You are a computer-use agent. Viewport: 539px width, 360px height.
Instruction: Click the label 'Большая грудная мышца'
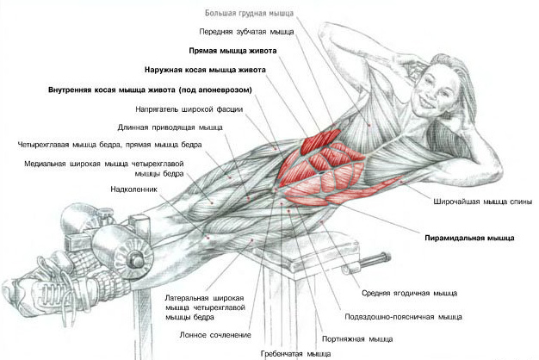[249, 14]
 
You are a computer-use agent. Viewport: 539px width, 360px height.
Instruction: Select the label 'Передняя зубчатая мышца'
[246, 32]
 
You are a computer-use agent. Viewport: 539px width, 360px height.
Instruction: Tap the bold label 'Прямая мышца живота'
[232, 51]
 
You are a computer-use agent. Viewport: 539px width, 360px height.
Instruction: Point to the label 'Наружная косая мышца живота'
[205, 70]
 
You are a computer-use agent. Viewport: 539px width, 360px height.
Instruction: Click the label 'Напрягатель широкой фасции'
[189, 109]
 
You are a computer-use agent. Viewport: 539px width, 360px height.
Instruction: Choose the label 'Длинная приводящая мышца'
[170, 127]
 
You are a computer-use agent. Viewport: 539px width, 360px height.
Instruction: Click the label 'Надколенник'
[133, 189]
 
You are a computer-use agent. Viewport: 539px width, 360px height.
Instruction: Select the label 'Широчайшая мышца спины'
[483, 202]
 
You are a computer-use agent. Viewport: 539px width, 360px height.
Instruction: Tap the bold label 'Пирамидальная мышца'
[469, 238]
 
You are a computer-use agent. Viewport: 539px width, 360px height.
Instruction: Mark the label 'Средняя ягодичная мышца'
[409, 294]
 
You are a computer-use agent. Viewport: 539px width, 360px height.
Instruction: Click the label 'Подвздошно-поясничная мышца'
[403, 317]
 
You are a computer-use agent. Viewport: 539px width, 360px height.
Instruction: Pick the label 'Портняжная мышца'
[357, 339]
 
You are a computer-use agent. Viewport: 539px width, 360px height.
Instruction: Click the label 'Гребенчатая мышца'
[295, 354]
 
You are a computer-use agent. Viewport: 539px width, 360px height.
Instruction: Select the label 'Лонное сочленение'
[215, 335]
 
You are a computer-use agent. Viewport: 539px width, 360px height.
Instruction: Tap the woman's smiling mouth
[424, 102]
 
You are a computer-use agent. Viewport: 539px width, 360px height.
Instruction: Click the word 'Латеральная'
[187, 298]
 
